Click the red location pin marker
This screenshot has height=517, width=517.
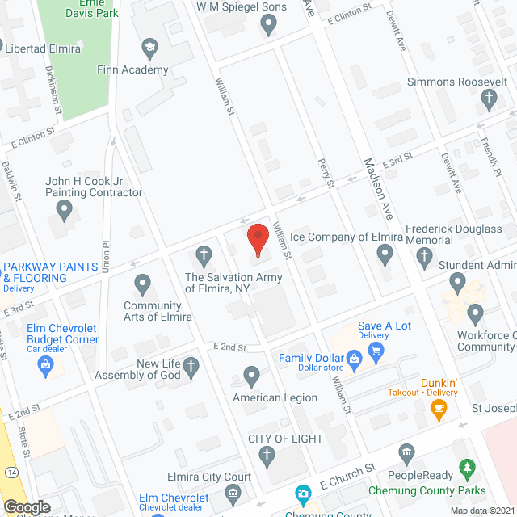pyautogui.click(x=257, y=240)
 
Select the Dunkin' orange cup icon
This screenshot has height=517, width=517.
pyautogui.click(x=439, y=410)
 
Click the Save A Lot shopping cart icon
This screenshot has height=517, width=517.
pyautogui.click(x=376, y=351)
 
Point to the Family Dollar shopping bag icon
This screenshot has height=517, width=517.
pyautogui.click(x=353, y=358)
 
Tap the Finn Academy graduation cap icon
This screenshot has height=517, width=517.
pyautogui.click(x=149, y=49)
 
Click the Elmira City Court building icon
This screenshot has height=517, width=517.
pyautogui.click(x=233, y=491)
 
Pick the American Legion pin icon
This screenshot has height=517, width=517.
pyautogui.click(x=251, y=376)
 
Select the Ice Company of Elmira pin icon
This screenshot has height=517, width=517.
pyautogui.click(x=385, y=257)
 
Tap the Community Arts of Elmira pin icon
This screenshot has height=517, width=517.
pyautogui.click(x=142, y=284)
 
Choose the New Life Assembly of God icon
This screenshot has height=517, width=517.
pyautogui.click(x=191, y=368)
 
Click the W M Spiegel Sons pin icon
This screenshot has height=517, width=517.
pyautogui.click(x=269, y=26)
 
